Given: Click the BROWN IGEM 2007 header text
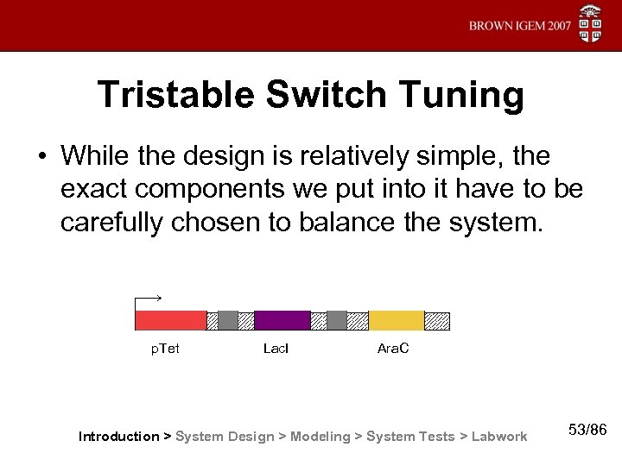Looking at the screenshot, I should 520,25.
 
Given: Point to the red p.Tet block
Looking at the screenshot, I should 170,320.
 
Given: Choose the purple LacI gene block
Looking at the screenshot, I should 282,320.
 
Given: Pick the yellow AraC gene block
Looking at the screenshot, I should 396,320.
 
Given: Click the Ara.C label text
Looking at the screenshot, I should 393,349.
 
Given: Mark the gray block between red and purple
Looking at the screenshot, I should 227,320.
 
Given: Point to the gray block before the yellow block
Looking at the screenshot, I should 337,320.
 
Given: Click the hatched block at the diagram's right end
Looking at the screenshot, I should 437,320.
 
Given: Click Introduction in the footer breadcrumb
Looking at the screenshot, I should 118,437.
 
